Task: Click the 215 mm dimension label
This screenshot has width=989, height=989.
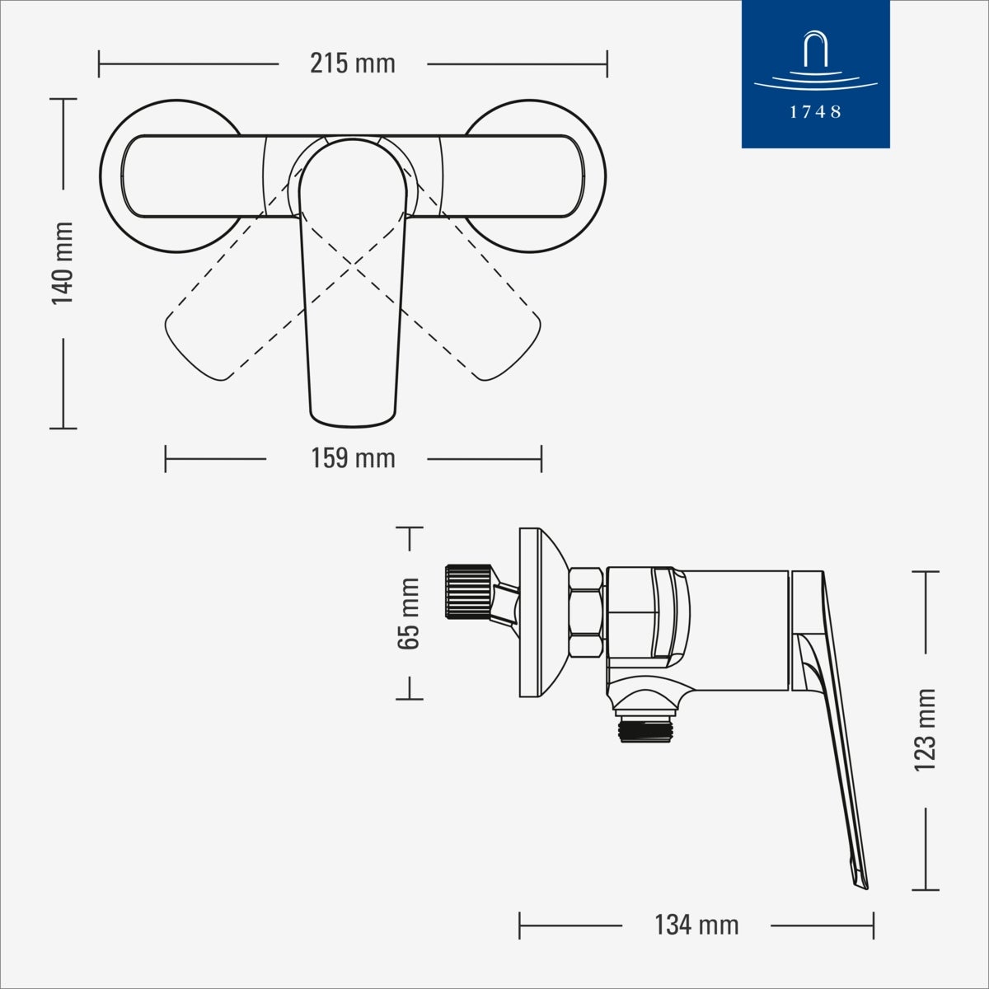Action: pyautogui.click(x=353, y=63)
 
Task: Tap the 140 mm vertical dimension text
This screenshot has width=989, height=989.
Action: pyautogui.click(x=63, y=263)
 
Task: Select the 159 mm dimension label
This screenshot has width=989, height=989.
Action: pyautogui.click(x=353, y=458)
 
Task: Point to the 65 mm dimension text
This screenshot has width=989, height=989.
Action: pyautogui.click(x=409, y=613)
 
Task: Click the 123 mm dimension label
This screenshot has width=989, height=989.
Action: pyautogui.click(x=926, y=730)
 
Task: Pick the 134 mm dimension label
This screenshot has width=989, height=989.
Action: pyautogui.click(x=696, y=925)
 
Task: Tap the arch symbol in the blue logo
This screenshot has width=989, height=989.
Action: pyautogui.click(x=815, y=50)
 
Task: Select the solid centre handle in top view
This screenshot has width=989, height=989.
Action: pyautogui.click(x=353, y=330)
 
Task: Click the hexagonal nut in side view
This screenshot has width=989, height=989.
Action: pyautogui.click(x=586, y=612)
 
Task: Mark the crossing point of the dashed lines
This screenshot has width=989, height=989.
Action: pyautogui.click(x=354, y=265)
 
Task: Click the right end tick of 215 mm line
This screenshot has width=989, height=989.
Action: pyautogui.click(x=607, y=63)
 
